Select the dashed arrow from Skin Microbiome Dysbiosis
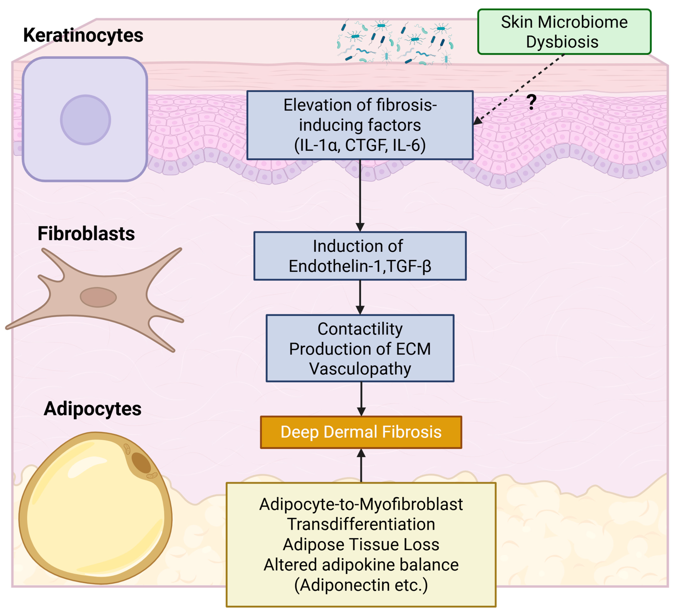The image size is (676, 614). point(520,89)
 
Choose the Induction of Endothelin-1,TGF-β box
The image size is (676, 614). point(360,256)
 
